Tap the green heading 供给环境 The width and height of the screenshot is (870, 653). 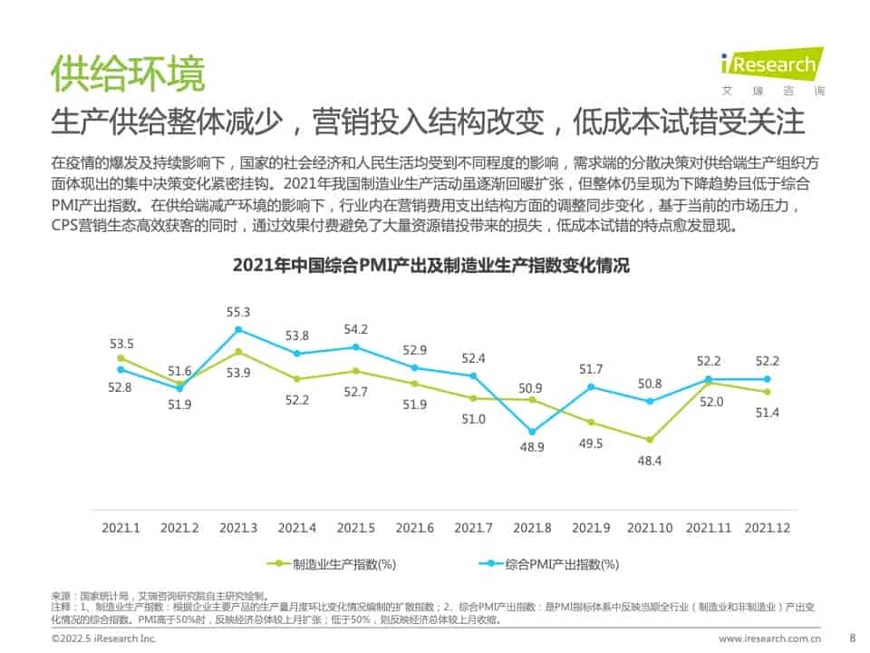[x=127, y=73]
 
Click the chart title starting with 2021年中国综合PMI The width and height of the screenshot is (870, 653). [x=430, y=267]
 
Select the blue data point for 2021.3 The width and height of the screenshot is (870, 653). [x=238, y=329]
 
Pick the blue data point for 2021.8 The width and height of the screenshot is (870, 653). [x=533, y=432]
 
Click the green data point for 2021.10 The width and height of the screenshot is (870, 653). [x=650, y=439]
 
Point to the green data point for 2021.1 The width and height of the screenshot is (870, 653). [x=121, y=358]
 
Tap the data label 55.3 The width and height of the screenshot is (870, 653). [x=238, y=312]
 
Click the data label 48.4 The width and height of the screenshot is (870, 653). [x=649, y=461]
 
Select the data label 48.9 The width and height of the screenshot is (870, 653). [x=533, y=448]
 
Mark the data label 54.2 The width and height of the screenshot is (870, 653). [x=355, y=329]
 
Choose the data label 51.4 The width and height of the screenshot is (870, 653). [x=767, y=413]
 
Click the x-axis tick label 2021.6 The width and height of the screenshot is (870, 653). [x=415, y=527]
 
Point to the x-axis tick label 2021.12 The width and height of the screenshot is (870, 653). [x=767, y=527]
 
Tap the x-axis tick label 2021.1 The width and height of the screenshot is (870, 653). [x=121, y=527]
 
